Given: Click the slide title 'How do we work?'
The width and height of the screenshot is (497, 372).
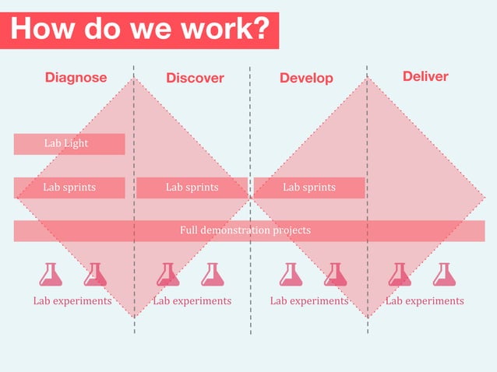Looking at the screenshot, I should tap(140, 29).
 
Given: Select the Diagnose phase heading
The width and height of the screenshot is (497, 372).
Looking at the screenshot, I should tap(76, 78).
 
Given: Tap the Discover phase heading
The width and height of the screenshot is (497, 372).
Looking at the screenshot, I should tap(195, 78).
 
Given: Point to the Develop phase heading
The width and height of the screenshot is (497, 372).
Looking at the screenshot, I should tap(306, 78).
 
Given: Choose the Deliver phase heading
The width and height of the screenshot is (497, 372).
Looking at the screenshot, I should tap(425, 76).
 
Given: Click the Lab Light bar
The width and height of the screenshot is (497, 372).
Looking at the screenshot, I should tap(69, 144).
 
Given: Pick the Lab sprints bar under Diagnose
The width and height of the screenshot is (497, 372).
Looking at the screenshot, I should tap(69, 188).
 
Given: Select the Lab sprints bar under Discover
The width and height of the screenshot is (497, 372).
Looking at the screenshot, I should tap(192, 188).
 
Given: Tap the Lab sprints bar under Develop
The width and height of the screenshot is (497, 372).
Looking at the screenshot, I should tap(308, 188).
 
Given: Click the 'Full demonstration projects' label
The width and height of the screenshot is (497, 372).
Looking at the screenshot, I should tap(245, 230).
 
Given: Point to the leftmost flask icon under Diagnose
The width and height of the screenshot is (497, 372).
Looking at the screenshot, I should tap(51, 275).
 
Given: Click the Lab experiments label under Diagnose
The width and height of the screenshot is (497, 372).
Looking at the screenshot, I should tap(72, 300).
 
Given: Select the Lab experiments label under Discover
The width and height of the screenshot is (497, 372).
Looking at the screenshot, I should tap(192, 300).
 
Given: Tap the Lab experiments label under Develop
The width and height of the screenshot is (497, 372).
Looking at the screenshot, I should tap(309, 300).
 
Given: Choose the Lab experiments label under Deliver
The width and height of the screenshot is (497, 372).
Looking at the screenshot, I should tap(425, 300).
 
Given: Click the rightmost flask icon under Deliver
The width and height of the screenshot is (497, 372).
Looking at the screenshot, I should tap(444, 275).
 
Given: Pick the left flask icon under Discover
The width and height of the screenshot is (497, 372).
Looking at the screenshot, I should tap(167, 275).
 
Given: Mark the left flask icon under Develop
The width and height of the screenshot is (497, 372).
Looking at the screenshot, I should tap(291, 275).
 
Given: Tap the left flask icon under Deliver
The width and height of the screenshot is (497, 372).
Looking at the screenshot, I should tap(400, 275).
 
